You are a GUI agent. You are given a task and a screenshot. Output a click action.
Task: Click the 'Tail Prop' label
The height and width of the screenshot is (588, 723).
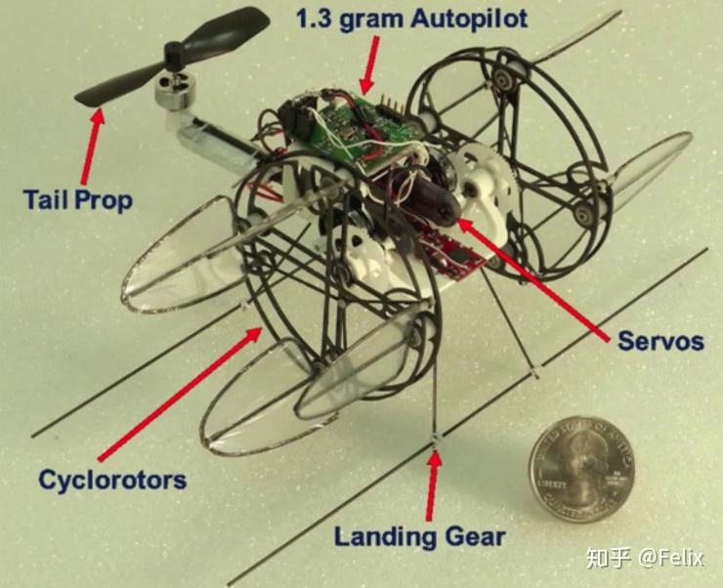point(78,200)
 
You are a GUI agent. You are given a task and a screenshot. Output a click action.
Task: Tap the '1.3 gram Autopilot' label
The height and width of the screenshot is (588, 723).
point(411,20)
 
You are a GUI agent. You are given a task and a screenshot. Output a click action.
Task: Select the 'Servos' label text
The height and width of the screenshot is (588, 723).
point(660,342)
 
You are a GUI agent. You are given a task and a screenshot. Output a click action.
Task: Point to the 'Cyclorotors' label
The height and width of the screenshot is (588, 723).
point(112,481)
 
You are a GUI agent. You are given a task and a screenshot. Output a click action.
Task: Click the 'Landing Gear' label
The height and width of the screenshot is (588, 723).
point(419,537)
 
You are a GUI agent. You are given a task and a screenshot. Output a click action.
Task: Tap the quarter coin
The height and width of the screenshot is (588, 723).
point(581,469)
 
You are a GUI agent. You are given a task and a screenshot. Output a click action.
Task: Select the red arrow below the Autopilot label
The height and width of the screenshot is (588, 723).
point(369,65)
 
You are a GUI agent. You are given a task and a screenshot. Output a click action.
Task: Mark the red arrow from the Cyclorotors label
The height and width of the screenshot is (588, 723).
point(180,393)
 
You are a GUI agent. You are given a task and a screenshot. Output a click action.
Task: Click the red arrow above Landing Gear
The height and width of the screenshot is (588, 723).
point(432,485)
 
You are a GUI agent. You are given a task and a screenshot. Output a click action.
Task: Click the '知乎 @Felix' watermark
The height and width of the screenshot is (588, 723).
point(645,558)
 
